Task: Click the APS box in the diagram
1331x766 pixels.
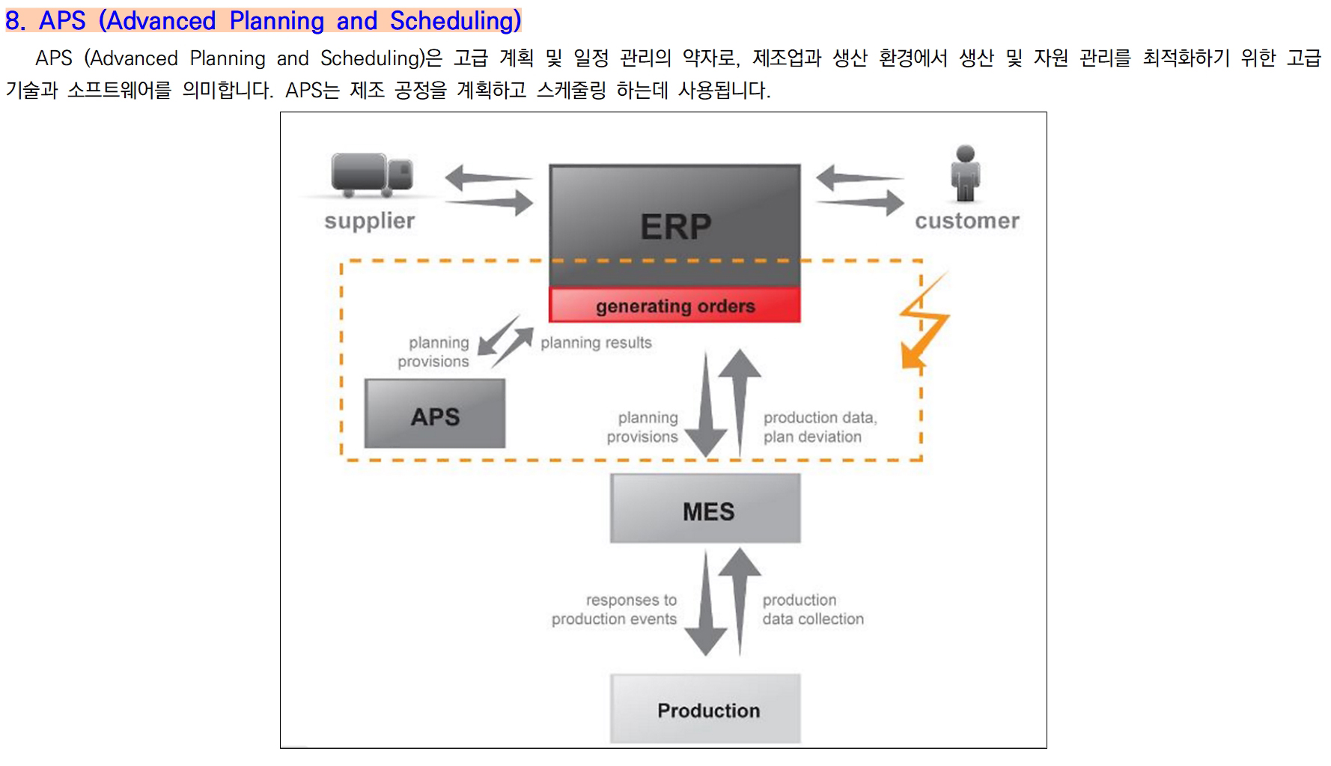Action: pos(435,413)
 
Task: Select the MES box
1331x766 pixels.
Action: pos(705,508)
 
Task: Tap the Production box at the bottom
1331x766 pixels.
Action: pos(705,708)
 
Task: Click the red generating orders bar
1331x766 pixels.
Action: pos(674,306)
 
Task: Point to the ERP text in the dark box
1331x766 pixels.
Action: pos(675,226)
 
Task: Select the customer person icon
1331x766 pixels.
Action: pos(966,173)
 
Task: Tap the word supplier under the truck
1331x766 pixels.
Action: pos(369,221)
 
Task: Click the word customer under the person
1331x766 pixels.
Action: pos(966,221)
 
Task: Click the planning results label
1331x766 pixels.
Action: pos(596,343)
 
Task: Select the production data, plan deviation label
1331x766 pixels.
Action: pos(820,427)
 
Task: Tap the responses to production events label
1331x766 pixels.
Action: pos(614,610)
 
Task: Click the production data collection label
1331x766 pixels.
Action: pos(813,610)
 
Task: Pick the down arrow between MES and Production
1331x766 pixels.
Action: pos(705,603)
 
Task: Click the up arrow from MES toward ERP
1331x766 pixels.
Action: pos(740,402)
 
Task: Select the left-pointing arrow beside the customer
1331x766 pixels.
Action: pos(859,178)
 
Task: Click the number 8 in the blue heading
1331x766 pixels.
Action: pos(13,21)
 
